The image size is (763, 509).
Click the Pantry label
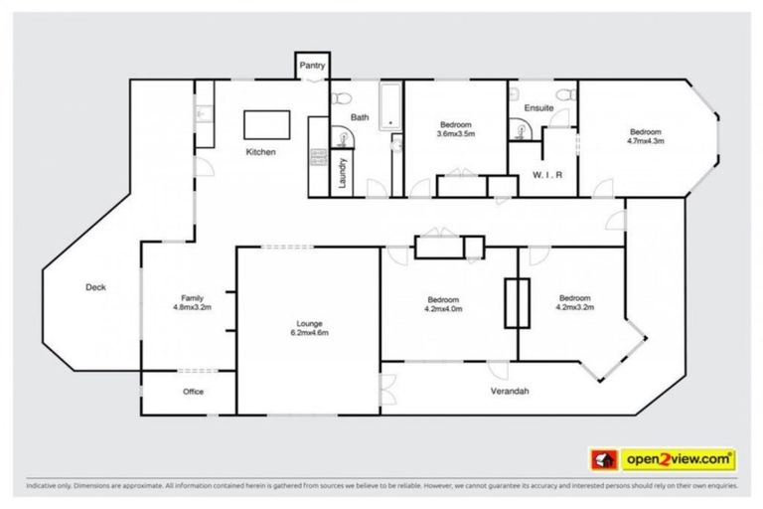(312, 66)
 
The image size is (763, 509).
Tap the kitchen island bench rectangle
(268, 124)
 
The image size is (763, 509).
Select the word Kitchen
(260, 152)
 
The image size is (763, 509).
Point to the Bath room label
(360, 117)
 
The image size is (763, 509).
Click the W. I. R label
(548, 175)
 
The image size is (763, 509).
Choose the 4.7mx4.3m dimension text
(645, 141)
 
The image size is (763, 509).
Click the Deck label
(95, 287)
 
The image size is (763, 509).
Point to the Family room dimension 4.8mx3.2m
(193, 307)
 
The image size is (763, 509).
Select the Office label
(193, 392)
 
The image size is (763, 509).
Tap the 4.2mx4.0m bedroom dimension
(443, 309)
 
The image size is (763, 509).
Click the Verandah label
(510, 391)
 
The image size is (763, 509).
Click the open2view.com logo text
(679, 459)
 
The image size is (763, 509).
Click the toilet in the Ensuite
(564, 94)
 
